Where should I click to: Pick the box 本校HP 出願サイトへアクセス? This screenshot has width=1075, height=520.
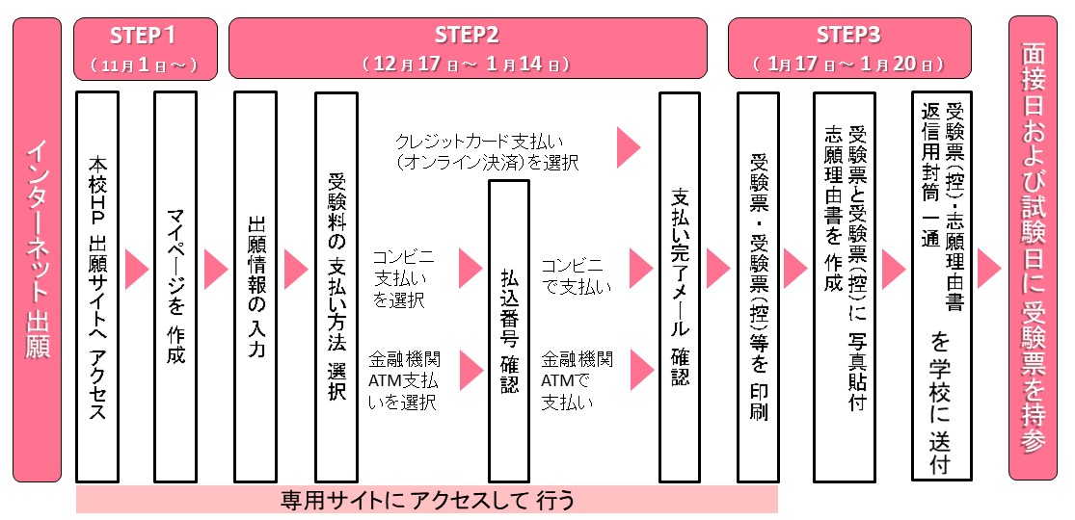97,286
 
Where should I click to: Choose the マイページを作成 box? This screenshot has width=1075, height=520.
175,286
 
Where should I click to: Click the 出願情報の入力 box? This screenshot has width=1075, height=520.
255,286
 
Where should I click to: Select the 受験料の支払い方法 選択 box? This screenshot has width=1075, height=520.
336,286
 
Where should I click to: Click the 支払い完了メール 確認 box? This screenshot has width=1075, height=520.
680,286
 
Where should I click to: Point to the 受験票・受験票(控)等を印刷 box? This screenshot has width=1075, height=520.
758,286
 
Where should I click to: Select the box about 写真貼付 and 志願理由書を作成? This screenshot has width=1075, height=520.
844,286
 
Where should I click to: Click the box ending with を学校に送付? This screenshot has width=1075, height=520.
940,286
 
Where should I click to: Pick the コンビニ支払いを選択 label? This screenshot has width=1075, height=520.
398,277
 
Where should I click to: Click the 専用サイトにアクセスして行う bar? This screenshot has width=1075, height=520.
427,501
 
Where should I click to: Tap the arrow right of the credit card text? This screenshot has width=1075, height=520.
629,147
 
